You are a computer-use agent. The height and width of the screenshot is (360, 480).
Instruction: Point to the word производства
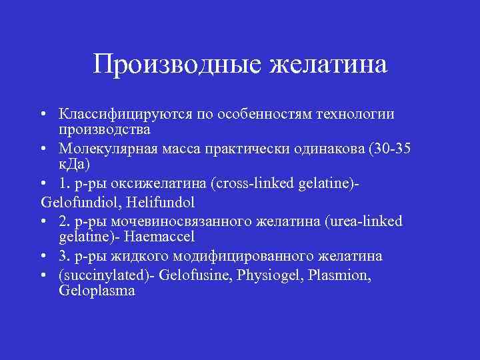[99, 128]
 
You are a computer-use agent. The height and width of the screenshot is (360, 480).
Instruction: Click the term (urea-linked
[364, 221]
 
